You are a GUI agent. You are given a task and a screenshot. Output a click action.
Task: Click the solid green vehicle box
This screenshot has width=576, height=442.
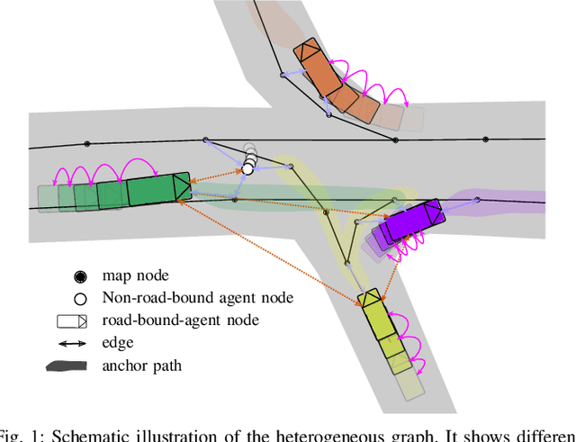click(x=153, y=191)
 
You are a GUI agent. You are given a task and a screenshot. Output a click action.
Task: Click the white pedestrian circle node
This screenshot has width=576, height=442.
click(x=247, y=167)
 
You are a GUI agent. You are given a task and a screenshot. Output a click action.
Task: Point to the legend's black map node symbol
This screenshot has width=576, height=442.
click(x=80, y=275)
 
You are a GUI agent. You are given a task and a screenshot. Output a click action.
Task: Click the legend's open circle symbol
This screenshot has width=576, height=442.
click(x=80, y=298)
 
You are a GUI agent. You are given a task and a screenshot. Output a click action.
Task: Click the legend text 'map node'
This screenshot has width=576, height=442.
click(x=134, y=275)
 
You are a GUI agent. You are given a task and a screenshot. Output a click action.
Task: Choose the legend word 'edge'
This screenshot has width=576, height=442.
click(x=117, y=343)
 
